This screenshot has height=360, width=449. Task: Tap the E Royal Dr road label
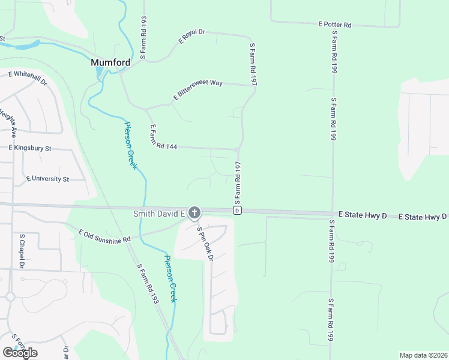[x=192, y=37]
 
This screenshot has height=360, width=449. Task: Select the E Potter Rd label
[x=334, y=25]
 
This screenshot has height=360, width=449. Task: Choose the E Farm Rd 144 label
[x=161, y=137]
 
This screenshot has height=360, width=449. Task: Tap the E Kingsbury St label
[x=31, y=147]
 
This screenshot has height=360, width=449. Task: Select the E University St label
[x=48, y=179]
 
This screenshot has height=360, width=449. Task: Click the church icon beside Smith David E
[x=194, y=212]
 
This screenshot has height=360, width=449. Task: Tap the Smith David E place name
[x=158, y=214]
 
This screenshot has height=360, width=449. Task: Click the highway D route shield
[x=238, y=211]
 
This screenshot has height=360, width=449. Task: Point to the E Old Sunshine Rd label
[x=104, y=236]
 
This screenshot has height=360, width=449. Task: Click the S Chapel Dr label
[x=22, y=251]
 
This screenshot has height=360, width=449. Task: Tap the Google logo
[x=20, y=353]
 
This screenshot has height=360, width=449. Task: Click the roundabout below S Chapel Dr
[x=10, y=296]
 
